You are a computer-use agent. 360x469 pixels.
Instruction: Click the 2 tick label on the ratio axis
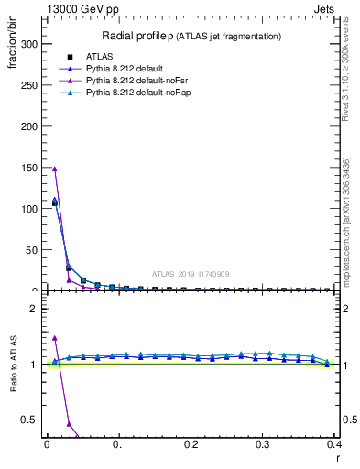[x=33, y=309]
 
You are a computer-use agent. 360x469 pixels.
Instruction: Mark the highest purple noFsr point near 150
[x=55, y=169]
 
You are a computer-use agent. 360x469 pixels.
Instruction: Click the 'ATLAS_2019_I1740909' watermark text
[x=191, y=273]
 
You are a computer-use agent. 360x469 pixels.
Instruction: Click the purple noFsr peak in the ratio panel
[x=55, y=338]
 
